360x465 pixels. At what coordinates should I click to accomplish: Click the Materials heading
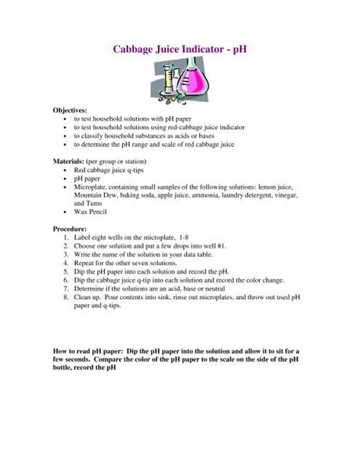71,162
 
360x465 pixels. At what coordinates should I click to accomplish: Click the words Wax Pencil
91,212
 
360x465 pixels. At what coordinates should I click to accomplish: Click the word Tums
98,204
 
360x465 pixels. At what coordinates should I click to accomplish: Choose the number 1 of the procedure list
67,237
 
